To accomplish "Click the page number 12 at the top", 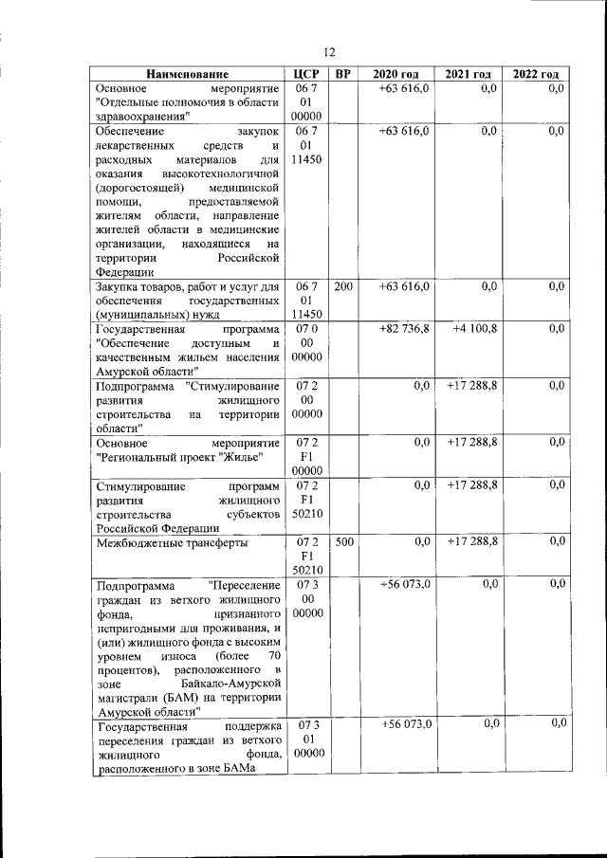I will point(330,53).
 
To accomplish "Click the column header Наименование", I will point(188,74).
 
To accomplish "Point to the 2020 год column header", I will point(395,74).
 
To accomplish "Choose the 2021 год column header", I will point(468,74).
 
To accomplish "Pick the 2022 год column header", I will point(536,74).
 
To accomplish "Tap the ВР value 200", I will point(343,285).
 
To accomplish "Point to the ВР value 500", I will point(343,542).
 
